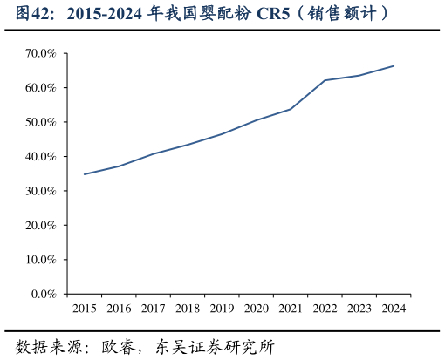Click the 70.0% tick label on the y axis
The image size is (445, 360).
coord(41,54)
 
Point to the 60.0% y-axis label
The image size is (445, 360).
coord(41,88)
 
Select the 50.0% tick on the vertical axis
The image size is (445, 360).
coord(41,122)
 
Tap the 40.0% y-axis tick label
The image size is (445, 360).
coord(41,157)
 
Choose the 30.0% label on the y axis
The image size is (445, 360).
coord(41,191)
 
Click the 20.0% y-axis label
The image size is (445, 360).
coord(41,225)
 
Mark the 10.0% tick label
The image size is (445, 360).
coord(41,260)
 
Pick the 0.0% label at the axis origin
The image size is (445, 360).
coord(44,294)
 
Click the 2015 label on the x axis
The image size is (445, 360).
coord(85,309)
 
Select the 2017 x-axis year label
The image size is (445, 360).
coord(154,309)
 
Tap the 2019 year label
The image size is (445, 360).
coord(222,309)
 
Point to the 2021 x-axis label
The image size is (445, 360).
coord(291,309)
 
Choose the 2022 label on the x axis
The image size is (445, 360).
coord(325,309)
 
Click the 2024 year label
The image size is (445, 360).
coord(394,309)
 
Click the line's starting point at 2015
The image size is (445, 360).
coord(85,174)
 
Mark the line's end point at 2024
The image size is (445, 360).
coord(394,66)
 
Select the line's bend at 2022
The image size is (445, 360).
coord(325,80)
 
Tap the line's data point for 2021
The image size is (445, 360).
coord(291,109)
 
